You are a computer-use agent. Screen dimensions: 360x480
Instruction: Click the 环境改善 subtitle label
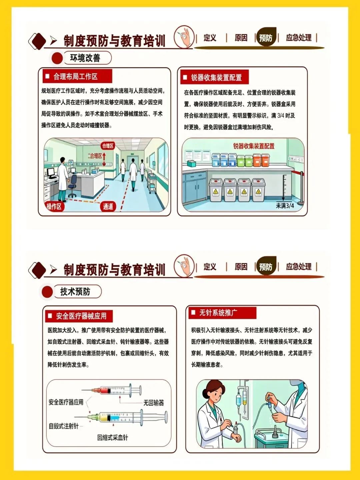[85, 58]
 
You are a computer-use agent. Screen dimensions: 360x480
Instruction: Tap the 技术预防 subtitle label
[75, 291]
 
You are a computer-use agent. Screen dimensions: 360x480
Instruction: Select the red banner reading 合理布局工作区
[77, 76]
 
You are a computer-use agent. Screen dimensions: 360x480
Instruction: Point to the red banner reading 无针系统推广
[222, 313]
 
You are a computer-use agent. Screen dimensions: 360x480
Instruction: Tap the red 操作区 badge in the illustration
[54, 206]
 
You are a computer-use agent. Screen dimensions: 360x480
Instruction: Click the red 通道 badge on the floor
[108, 206]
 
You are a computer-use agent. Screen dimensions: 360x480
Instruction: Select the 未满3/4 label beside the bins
[285, 206]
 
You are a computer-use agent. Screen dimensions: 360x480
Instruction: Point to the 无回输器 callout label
[153, 403]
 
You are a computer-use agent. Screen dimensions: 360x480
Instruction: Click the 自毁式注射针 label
[63, 426]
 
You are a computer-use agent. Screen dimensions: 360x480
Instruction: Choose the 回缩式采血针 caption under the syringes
[113, 438]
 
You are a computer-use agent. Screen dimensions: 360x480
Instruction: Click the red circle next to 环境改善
[57, 58]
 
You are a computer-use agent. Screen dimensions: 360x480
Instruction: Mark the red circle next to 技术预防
[47, 292]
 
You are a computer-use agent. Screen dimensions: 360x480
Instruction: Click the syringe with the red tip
[111, 390]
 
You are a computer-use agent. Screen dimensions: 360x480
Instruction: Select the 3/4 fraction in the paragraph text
[280, 116]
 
